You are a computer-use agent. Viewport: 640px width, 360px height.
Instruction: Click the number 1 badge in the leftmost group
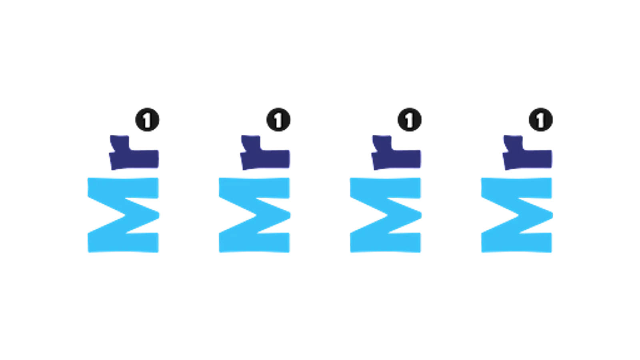pos(148,120)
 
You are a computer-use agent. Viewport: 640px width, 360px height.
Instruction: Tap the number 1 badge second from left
pos(278,120)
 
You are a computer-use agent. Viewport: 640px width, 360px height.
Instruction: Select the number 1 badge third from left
pos(410,120)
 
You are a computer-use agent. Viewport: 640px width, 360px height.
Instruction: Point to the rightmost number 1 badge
pos(541,120)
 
